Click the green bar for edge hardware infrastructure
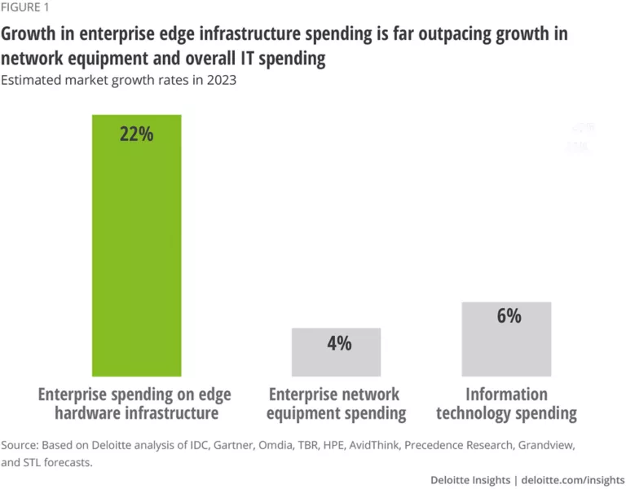(x=136, y=244)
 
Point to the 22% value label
(x=136, y=134)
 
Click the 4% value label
(x=339, y=343)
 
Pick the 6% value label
(x=508, y=316)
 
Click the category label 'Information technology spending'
(x=506, y=403)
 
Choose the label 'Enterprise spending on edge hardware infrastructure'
(x=135, y=403)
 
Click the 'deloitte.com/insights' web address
(x=572, y=480)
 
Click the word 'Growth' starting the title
(x=30, y=35)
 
